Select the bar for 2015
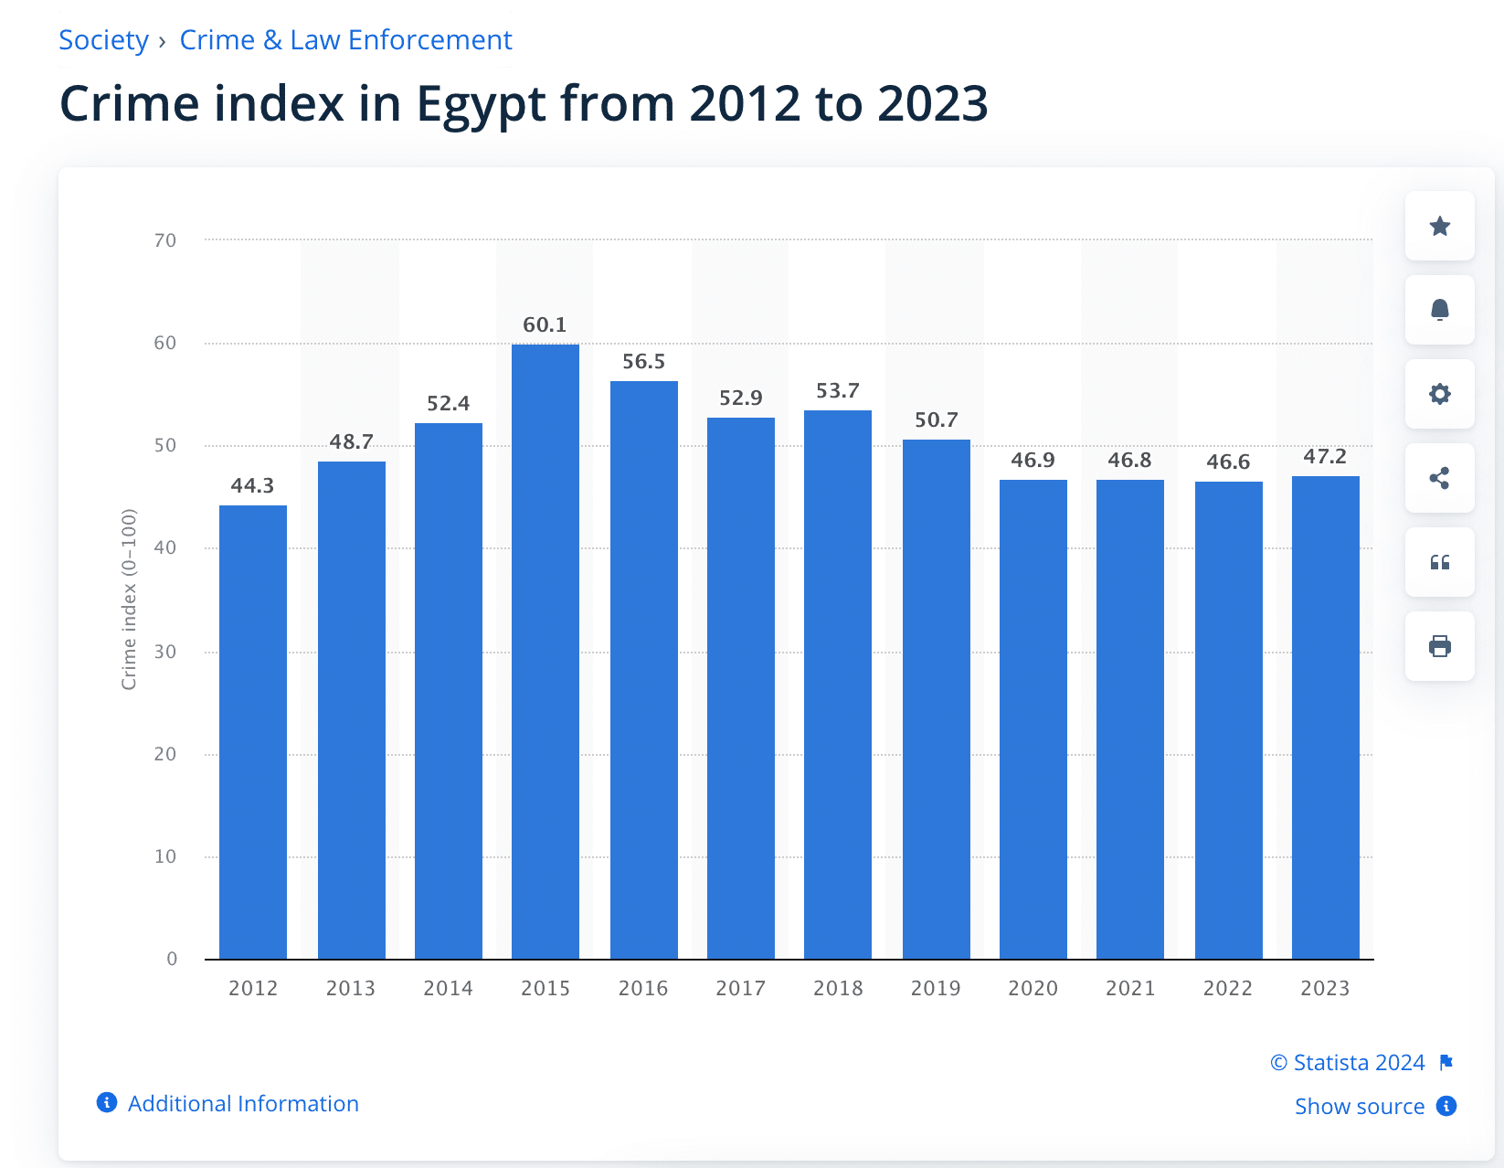click(545, 651)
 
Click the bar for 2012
click(253, 731)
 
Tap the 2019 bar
click(936, 699)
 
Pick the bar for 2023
click(1325, 717)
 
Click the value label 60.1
click(545, 324)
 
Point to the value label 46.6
click(1227, 462)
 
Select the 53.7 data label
click(837, 390)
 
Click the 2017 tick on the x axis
click(740, 988)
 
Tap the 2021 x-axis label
click(1130, 988)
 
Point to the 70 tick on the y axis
click(165, 240)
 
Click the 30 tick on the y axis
click(165, 652)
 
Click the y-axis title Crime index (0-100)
click(129, 600)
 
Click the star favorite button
click(1439, 226)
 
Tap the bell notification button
click(1439, 310)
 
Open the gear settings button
click(1439, 394)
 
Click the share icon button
click(1439, 478)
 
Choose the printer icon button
click(1439, 646)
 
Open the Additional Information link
click(242, 1103)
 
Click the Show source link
click(1359, 1106)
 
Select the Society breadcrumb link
click(103, 40)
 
